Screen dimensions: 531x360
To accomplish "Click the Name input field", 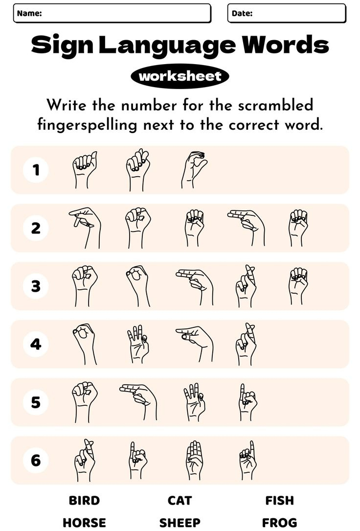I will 125,13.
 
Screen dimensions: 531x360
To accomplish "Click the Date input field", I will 298,13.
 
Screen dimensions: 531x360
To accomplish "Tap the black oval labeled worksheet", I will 180,76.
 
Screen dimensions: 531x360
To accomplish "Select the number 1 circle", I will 36,170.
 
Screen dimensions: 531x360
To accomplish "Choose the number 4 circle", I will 36,344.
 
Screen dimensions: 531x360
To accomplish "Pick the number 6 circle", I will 36,461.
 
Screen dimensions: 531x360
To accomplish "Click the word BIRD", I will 84,500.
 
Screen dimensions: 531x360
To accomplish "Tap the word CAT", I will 180,500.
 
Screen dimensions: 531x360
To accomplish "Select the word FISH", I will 279,500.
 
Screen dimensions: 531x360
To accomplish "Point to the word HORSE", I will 84,523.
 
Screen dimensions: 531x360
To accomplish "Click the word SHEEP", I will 180,523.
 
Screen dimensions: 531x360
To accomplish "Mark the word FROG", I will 279,523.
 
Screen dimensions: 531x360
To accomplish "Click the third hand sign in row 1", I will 194,170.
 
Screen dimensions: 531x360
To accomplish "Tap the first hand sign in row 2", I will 85,227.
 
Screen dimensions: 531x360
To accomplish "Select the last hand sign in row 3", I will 298,285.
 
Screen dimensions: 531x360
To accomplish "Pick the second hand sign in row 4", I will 137,344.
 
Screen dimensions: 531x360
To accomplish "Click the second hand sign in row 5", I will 139,401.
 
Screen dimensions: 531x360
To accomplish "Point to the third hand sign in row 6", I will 194,460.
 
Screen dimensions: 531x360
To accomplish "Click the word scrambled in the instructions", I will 273,105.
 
